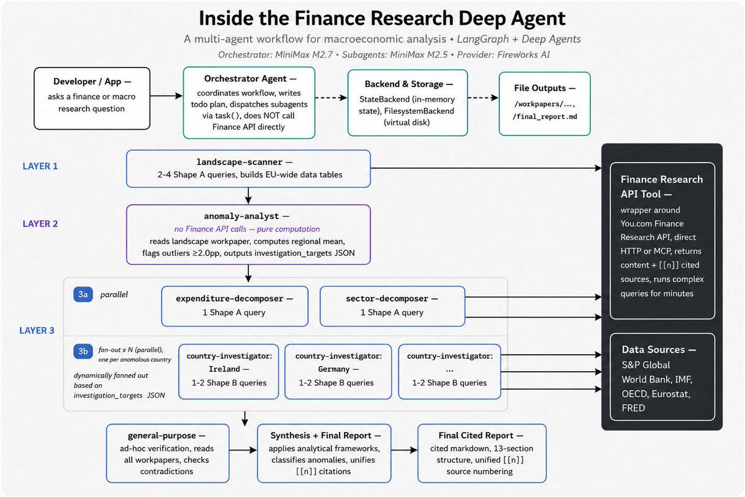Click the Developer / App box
point(92,99)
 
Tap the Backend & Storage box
point(408,103)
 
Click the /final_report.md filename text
point(545,117)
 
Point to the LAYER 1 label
point(40,166)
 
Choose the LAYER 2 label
point(40,224)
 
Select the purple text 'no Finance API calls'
point(210,229)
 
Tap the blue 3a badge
point(83,295)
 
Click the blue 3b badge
point(83,351)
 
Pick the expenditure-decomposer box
point(235,306)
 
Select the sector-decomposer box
point(392,306)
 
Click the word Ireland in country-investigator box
point(224,369)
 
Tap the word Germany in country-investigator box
point(333,369)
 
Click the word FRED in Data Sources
point(633,408)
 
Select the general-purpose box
point(168,453)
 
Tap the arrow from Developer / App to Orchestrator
point(166,96)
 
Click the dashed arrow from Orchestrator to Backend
point(332,98)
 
